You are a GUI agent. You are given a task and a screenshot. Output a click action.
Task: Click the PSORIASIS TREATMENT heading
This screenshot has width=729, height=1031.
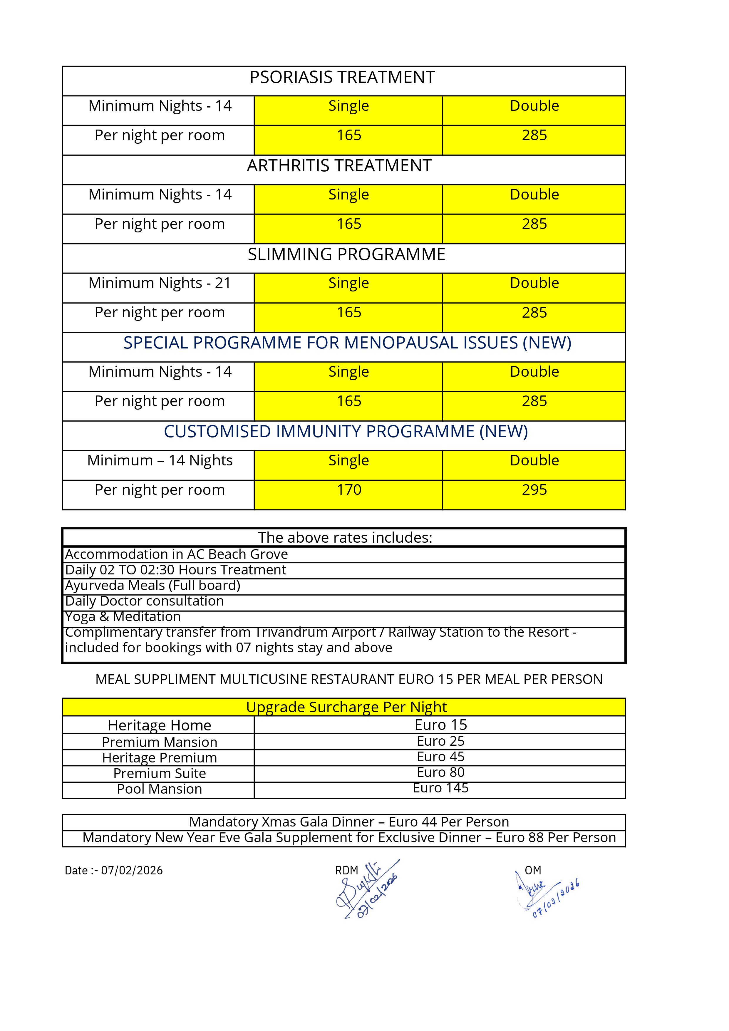pyautogui.click(x=342, y=77)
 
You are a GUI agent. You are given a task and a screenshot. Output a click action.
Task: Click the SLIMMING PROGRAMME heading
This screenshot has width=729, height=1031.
pyautogui.click(x=346, y=255)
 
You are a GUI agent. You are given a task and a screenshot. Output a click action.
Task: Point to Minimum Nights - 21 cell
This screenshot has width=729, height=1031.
pyautogui.click(x=160, y=283)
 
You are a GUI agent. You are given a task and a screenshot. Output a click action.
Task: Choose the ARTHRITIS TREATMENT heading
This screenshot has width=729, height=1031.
pyautogui.click(x=339, y=166)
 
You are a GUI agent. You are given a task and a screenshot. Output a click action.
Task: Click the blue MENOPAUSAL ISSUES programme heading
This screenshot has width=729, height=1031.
pyautogui.click(x=347, y=343)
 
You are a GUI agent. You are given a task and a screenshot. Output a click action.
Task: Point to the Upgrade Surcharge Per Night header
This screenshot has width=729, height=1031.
pyautogui.click(x=346, y=707)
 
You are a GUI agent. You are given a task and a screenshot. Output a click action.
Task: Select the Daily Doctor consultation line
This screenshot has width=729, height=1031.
pyautogui.click(x=144, y=601)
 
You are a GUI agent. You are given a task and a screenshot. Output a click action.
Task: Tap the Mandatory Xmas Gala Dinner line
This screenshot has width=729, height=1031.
pyautogui.click(x=349, y=822)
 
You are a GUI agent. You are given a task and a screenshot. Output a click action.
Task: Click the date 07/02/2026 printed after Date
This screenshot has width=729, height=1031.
pyautogui.click(x=132, y=870)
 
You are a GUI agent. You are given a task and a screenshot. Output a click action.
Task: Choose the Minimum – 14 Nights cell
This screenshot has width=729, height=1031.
pyautogui.click(x=160, y=460)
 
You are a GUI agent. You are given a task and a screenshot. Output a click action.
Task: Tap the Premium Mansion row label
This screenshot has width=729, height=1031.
pyautogui.click(x=160, y=742)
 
